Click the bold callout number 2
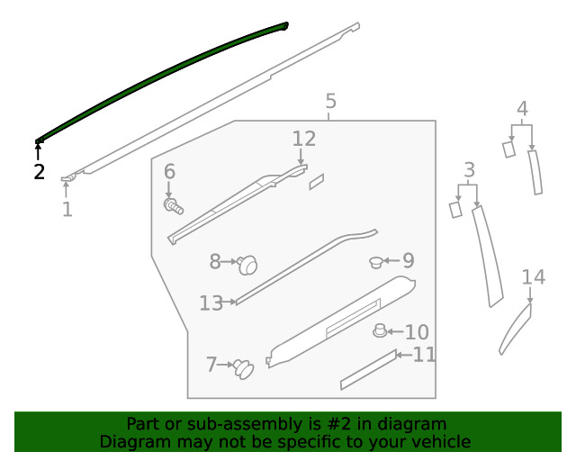click(x=40, y=172)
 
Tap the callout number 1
click(x=67, y=209)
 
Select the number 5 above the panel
click(x=330, y=101)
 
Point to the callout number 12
click(x=304, y=139)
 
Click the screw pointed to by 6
click(x=173, y=206)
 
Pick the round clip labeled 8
click(x=247, y=265)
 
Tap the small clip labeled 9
click(x=376, y=263)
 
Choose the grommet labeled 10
click(x=380, y=330)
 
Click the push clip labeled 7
click(x=244, y=369)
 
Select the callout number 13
click(x=211, y=303)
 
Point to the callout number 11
click(x=424, y=355)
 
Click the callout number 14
click(x=534, y=276)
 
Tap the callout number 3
click(x=470, y=170)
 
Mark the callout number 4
click(x=522, y=109)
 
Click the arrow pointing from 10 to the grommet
click(x=395, y=331)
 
